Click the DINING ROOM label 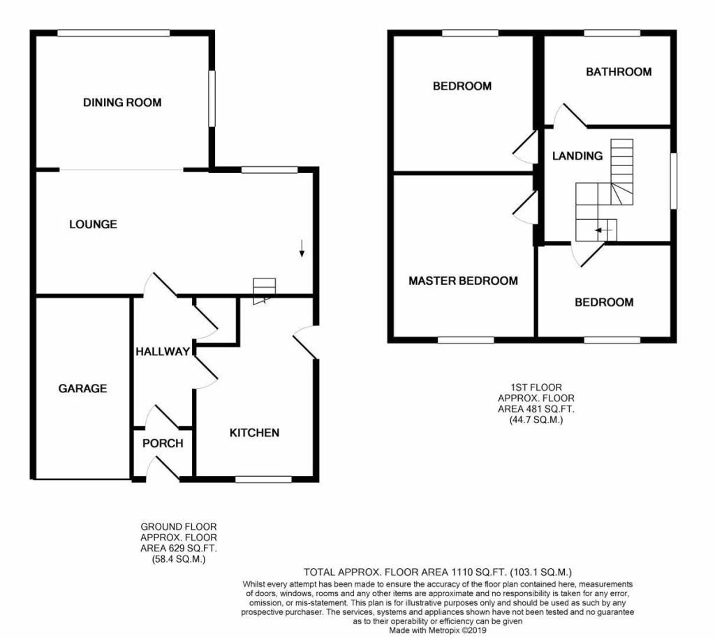click(x=122, y=103)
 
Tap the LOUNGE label click(x=93, y=224)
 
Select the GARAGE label click(x=82, y=388)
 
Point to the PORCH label click(x=163, y=443)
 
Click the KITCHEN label click(x=254, y=433)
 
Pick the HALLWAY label click(x=163, y=352)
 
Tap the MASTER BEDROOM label click(x=464, y=281)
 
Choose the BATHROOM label click(x=619, y=72)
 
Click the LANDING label click(x=577, y=156)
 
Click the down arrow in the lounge click(x=302, y=248)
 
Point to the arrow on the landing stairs click(x=603, y=230)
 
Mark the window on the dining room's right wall click(x=212, y=98)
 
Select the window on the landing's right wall click(x=674, y=181)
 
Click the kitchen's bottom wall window click(x=263, y=480)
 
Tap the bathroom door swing click(x=569, y=115)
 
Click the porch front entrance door click(x=163, y=469)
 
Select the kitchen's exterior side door click(x=304, y=342)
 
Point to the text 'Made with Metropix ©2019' click(x=437, y=631)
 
